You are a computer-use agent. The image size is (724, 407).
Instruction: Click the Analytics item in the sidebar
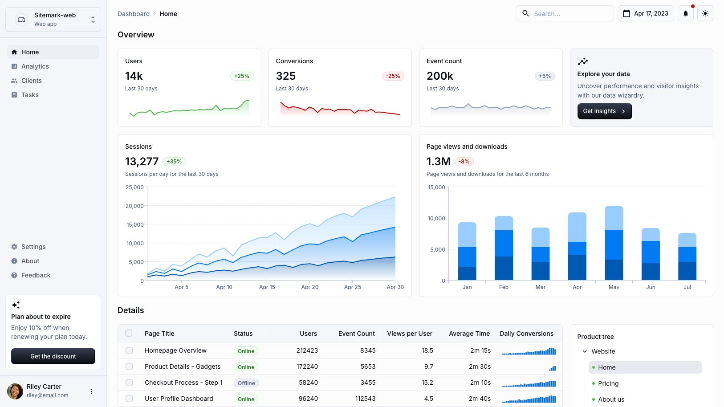[x=35, y=66]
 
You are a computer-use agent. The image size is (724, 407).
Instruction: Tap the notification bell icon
[x=685, y=13]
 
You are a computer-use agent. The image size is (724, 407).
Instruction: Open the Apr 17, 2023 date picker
[x=646, y=13]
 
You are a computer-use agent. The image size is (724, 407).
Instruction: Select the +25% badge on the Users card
[x=242, y=76]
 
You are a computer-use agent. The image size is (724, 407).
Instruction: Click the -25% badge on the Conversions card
[x=393, y=76]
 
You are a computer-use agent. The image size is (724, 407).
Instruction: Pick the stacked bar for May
[x=614, y=243]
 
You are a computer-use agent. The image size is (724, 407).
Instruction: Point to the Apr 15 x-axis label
[x=267, y=287]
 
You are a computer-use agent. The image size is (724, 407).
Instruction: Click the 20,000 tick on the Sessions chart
[x=135, y=206]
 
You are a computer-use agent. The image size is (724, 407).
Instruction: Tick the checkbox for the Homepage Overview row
[x=129, y=350]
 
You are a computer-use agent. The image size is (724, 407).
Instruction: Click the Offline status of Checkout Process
[x=246, y=383]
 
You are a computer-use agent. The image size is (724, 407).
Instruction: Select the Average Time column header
[x=469, y=334]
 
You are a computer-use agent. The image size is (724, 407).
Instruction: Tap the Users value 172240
[x=307, y=366]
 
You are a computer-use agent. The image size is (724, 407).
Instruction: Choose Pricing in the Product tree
[x=608, y=383]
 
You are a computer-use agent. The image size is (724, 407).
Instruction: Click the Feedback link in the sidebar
[x=36, y=275]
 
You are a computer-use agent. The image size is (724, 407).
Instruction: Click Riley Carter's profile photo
[x=15, y=391]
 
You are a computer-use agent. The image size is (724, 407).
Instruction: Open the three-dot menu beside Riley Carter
[x=91, y=391]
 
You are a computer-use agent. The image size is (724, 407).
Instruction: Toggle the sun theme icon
[x=705, y=13]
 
